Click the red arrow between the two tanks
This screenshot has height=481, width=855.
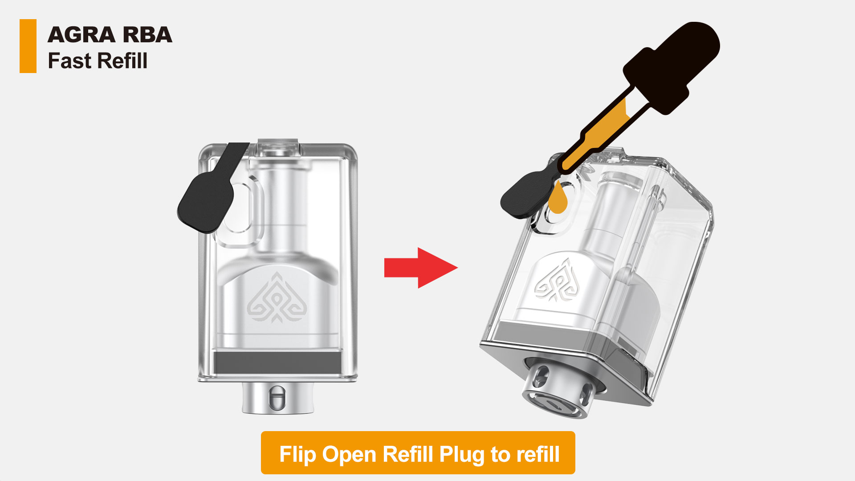pyautogui.click(x=421, y=268)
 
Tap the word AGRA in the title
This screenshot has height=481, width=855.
pyautogui.click(x=81, y=35)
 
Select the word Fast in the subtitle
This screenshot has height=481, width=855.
pyautogui.click(x=69, y=61)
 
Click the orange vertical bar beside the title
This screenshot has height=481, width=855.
pyautogui.click(x=28, y=46)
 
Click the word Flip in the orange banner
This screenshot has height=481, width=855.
pyautogui.click(x=297, y=454)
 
